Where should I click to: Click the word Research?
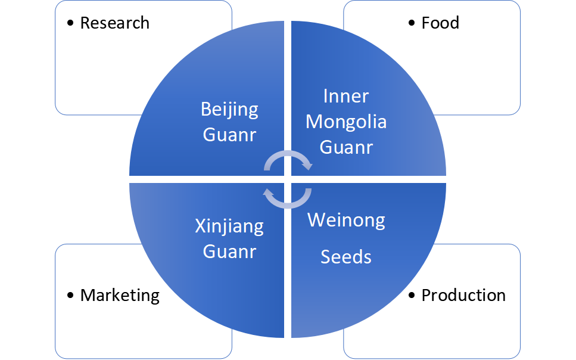coord(114,23)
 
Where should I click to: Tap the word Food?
coord(440,23)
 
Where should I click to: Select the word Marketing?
coord(120,295)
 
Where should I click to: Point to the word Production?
coord(463,295)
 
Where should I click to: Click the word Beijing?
coord(229,110)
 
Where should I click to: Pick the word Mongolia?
coord(346,122)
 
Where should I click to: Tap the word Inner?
coord(346,96)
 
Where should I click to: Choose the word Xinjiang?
coord(229,226)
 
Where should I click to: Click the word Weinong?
coord(346,220)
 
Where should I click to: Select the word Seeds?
coord(346,257)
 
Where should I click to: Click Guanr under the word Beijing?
coord(229,135)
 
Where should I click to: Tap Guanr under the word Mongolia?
coord(346,147)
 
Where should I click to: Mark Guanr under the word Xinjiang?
coord(229,252)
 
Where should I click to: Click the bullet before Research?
coord(71,23)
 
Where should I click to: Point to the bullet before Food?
coord(412,23)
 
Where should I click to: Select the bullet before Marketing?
coord(71,295)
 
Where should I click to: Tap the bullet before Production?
coord(412,295)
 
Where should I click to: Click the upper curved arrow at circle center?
coord(288,156)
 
